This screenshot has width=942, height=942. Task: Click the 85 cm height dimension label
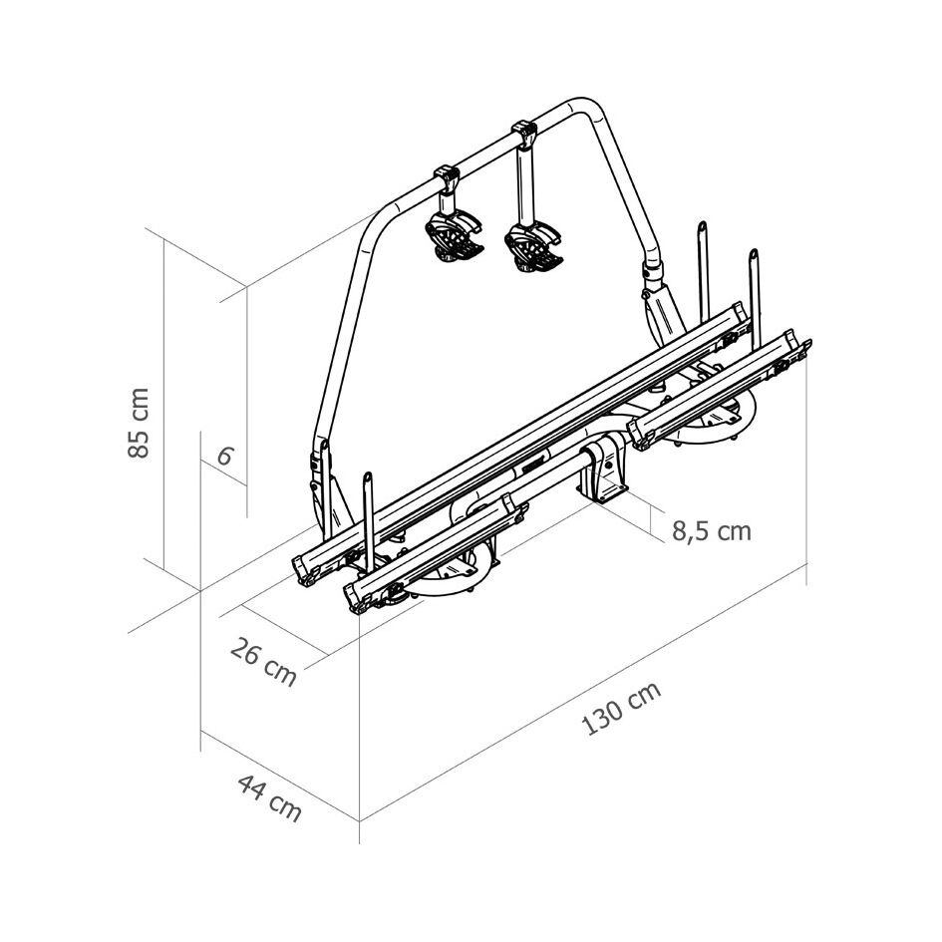point(139,423)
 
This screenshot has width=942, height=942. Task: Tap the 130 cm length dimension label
point(622,709)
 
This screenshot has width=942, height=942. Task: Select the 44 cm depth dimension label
point(270,797)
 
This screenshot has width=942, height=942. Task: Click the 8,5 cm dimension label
point(712,531)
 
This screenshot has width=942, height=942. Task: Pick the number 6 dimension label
point(223,456)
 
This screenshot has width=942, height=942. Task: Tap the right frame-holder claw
point(533,246)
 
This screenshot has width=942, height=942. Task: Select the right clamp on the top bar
point(524,133)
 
